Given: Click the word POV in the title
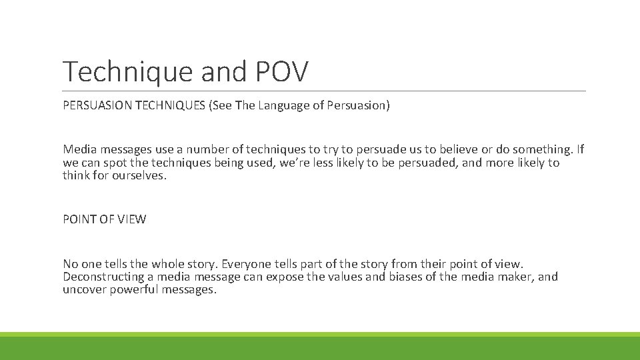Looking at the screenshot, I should coord(283,71).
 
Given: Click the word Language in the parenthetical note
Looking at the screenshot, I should coord(285,105).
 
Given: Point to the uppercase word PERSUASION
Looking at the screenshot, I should coord(97,105).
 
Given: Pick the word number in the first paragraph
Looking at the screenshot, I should coord(209,150).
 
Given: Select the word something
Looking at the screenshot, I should coord(539,150).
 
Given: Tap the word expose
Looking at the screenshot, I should coord(285,277).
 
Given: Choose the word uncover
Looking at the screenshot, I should coord(85,289).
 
